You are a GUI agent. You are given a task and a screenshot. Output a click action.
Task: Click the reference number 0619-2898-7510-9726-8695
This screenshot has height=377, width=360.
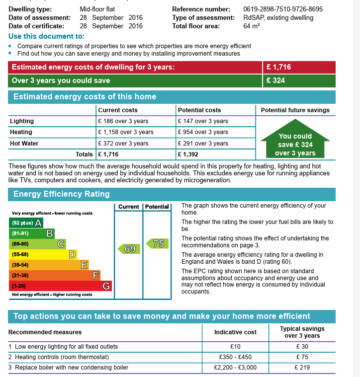[283, 9]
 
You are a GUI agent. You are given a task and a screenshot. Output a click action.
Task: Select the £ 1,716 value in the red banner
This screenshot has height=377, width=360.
[278, 67]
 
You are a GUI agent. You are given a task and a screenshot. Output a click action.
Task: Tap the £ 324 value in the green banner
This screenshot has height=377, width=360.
[275, 80]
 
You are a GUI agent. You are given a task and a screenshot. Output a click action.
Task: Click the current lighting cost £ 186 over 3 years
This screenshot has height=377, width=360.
[123, 121]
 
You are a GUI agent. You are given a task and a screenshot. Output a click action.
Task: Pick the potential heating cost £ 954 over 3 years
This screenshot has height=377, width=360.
[203, 132]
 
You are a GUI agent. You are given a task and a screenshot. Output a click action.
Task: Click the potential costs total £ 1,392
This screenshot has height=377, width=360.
[188, 154]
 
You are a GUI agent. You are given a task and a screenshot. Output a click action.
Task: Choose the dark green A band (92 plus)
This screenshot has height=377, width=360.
[26, 223]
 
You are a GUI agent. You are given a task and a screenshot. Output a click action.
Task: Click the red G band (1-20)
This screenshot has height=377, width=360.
[60, 286]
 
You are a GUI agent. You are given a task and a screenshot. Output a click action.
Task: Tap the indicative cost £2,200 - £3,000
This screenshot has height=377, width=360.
[235, 368]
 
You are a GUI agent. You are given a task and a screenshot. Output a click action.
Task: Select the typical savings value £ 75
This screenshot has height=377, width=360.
[302, 357]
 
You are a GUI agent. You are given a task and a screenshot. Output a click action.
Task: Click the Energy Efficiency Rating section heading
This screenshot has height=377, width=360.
[62, 194]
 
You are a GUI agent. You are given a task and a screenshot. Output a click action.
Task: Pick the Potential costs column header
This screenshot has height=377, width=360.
[199, 110]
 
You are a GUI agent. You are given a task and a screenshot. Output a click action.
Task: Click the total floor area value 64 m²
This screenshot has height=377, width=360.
[252, 26]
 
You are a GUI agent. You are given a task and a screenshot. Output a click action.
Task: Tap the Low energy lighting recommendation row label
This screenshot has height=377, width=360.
[63, 347]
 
